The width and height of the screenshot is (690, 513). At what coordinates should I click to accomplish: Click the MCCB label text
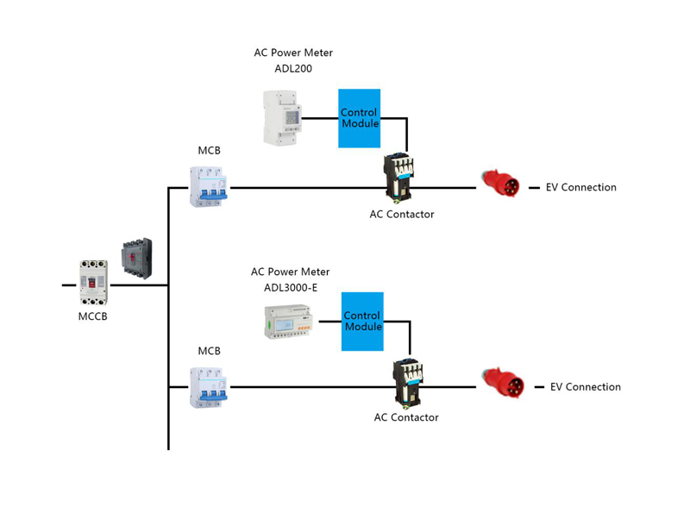[x=93, y=316]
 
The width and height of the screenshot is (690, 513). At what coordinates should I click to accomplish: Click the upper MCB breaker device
[x=208, y=185]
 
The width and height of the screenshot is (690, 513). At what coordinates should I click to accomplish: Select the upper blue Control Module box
[x=360, y=118]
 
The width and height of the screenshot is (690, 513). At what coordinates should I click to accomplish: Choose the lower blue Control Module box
[x=363, y=321]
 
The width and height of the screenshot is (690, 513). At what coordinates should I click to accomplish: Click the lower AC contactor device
[x=407, y=382]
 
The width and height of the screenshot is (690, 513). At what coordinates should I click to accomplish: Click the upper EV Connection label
[x=581, y=187]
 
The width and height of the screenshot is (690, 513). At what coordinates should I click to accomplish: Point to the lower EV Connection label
[x=586, y=387]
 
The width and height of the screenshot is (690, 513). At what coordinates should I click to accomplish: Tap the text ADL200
[x=293, y=69]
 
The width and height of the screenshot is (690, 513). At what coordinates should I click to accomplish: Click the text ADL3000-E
[x=291, y=288]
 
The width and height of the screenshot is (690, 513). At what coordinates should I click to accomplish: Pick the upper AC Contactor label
[x=402, y=215]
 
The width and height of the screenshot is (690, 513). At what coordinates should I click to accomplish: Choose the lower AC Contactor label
[x=406, y=418]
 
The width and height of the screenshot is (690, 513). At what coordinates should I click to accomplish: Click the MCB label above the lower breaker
[x=210, y=351]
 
